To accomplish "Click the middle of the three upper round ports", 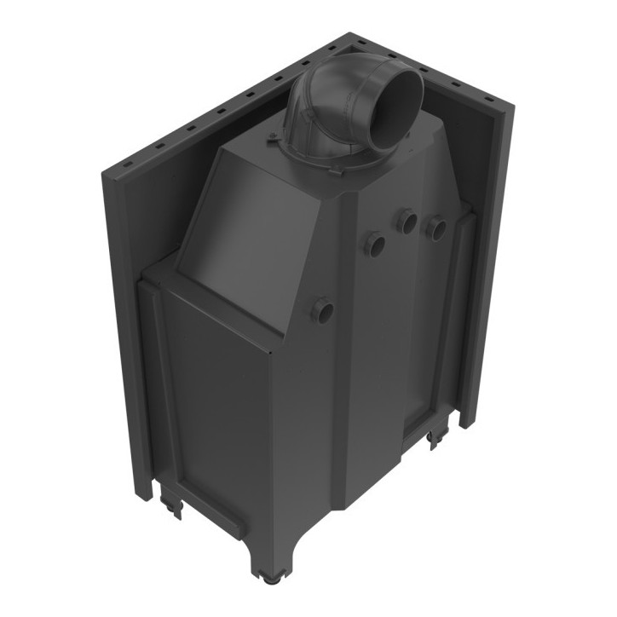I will coord(407,222).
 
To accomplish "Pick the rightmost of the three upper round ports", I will coord(436,228).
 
